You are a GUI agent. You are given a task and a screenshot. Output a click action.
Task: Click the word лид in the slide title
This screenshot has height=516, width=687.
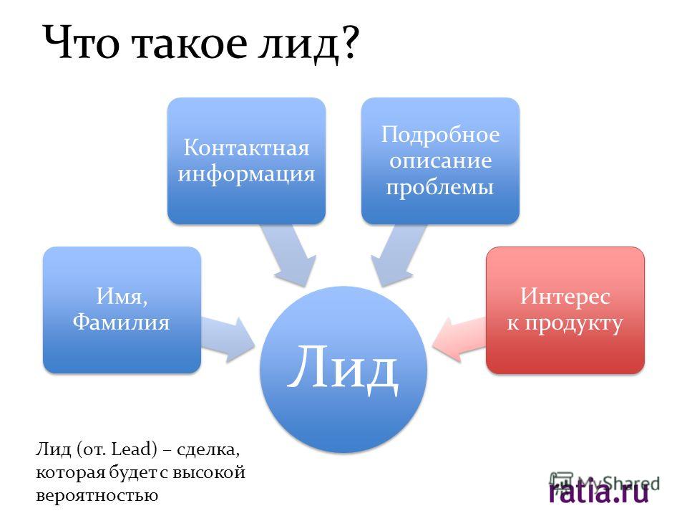coord(298,44)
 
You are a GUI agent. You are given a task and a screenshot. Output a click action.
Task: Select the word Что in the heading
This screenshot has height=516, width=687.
coord(82,42)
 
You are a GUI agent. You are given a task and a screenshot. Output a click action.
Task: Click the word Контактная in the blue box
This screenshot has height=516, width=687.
coord(246,148)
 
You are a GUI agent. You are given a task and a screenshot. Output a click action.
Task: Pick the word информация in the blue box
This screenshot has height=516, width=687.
coord(246,174)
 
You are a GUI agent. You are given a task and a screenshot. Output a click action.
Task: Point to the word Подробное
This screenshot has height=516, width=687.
coord(440,135)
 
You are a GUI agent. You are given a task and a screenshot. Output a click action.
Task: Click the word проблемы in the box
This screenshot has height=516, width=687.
coord(440,187)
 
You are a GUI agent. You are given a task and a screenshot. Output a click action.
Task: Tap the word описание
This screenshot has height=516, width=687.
coord(440,161)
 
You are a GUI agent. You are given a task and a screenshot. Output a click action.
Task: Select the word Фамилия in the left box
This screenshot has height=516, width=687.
coord(122,322)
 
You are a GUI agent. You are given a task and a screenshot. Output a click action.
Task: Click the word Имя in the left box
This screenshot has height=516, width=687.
coord(122,296)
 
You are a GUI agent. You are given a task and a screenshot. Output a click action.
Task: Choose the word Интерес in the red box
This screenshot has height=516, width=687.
coord(565,296)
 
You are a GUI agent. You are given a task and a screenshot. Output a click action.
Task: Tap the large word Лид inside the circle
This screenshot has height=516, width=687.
coord(343,367)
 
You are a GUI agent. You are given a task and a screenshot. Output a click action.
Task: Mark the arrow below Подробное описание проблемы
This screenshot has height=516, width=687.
coord(396,255)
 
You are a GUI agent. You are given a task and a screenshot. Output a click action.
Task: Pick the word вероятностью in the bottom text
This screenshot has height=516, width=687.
coord(97,496)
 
